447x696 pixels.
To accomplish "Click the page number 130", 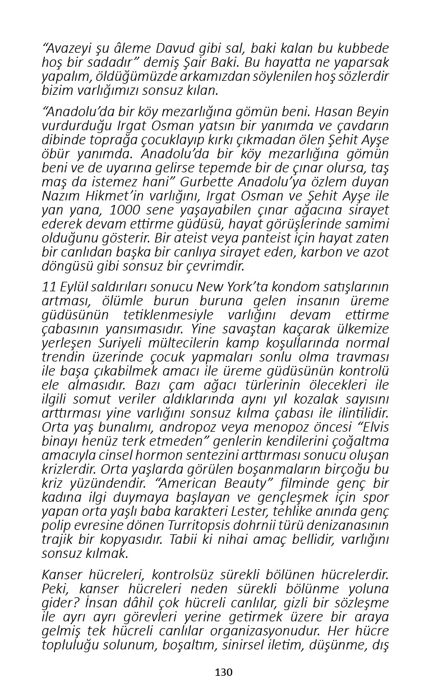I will (x=223, y=672).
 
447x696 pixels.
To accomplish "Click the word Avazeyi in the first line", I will (x=68, y=49).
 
